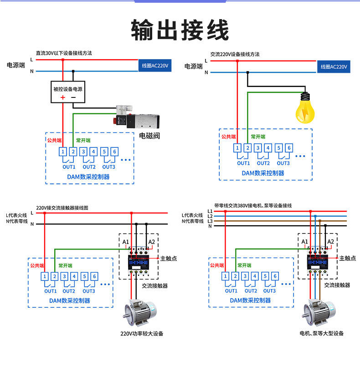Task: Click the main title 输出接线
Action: (x=180, y=30)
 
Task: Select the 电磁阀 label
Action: (x=149, y=136)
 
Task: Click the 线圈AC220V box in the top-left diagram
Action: (x=155, y=66)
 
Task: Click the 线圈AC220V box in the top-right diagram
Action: (x=334, y=67)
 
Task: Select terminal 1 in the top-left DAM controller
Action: (x=62, y=152)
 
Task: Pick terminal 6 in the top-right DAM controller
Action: (x=289, y=148)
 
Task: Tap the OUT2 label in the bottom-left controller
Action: (x=69, y=291)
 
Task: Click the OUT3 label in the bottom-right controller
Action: (x=269, y=290)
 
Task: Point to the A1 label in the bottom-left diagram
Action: (x=126, y=241)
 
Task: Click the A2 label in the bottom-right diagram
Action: (x=331, y=241)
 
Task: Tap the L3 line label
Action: (x=210, y=221)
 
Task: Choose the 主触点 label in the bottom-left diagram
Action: (x=168, y=258)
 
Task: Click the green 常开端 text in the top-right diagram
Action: (x=257, y=137)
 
